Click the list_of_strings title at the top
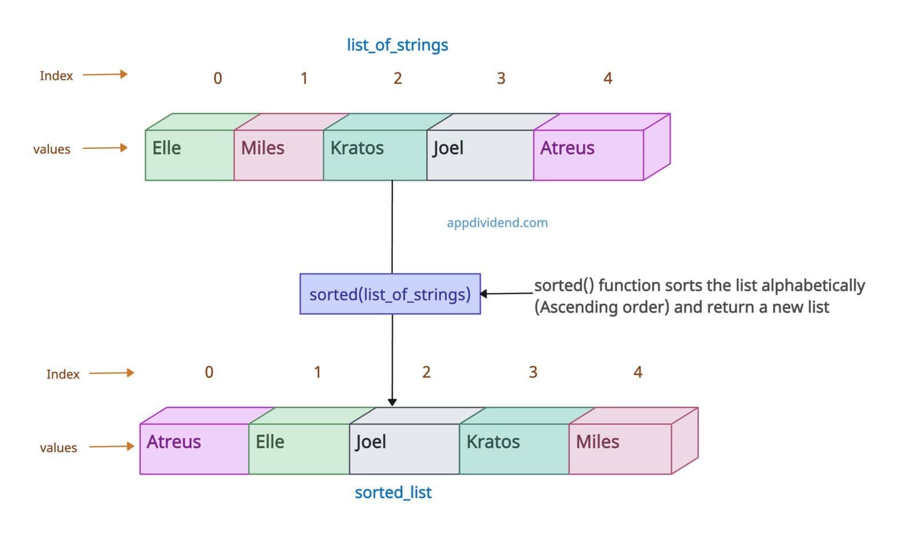(x=397, y=45)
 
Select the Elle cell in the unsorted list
(x=189, y=155)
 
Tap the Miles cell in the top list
(x=279, y=155)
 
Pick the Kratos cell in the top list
(x=375, y=155)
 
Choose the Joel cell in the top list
(x=480, y=155)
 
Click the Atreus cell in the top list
(x=588, y=155)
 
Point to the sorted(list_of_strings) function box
(x=390, y=294)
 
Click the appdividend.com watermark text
(x=497, y=223)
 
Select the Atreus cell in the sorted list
(x=194, y=448)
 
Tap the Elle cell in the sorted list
(x=299, y=448)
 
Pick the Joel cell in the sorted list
(x=404, y=448)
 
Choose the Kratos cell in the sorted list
(x=514, y=448)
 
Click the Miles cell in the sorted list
(x=619, y=448)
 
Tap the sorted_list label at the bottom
(x=393, y=492)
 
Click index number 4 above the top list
(x=608, y=78)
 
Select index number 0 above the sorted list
(x=209, y=372)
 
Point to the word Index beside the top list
(x=56, y=76)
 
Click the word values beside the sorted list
(x=58, y=448)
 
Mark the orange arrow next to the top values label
(x=105, y=148)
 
